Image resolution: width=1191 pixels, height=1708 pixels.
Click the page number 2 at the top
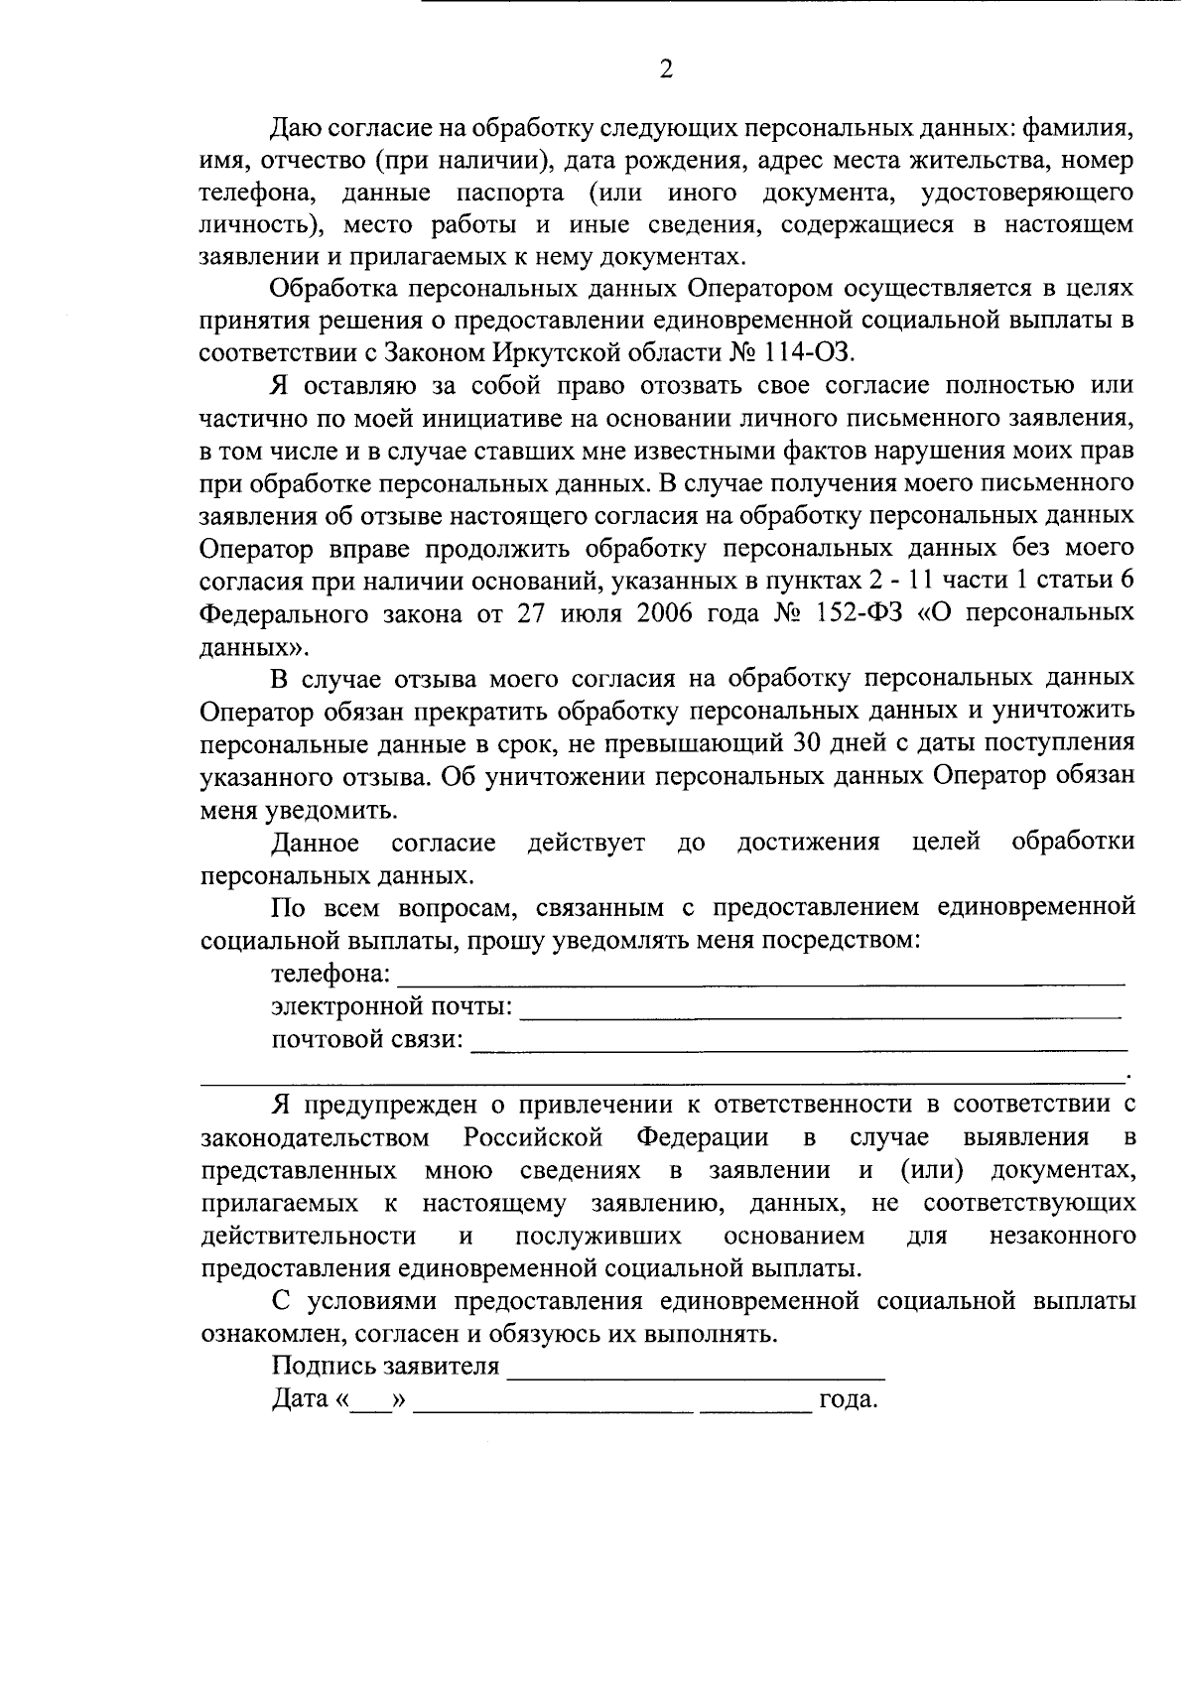[666, 68]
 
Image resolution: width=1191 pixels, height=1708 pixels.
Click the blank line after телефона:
[760, 982]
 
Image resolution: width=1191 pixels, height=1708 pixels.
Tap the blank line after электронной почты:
[820, 1015]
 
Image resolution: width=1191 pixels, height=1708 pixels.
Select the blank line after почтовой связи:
[798, 1048]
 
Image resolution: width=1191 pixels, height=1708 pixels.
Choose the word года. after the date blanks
[848, 1400]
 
